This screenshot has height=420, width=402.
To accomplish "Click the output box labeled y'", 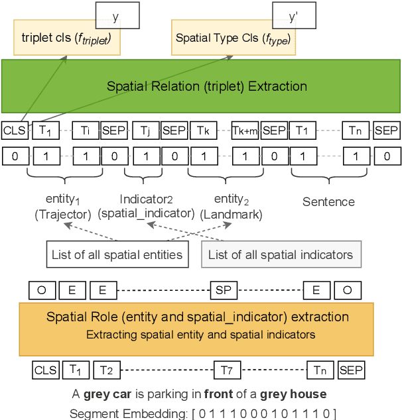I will [x=293, y=16].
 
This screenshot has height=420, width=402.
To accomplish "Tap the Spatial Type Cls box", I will [x=233, y=38].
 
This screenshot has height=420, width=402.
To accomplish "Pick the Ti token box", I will [x=86, y=131].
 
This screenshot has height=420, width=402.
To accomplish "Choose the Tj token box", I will [x=146, y=131].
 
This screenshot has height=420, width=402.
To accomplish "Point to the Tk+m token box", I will [x=244, y=131].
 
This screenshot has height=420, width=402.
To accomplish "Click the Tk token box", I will [x=203, y=131].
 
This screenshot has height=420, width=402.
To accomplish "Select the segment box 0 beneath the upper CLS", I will [x=15, y=156].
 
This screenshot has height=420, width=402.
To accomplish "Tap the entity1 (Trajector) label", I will [x=63, y=206].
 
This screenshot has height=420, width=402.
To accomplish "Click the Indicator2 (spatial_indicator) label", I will [x=146, y=206].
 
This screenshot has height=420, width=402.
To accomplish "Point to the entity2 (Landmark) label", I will [x=232, y=206].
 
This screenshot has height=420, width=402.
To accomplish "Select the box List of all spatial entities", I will [x=117, y=254].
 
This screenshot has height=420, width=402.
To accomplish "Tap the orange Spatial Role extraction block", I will [x=196, y=325].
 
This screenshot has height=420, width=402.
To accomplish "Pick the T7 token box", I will [x=227, y=370].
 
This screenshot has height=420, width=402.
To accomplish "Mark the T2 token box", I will [x=106, y=370].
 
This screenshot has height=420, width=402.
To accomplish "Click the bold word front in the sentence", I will [x=219, y=394].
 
